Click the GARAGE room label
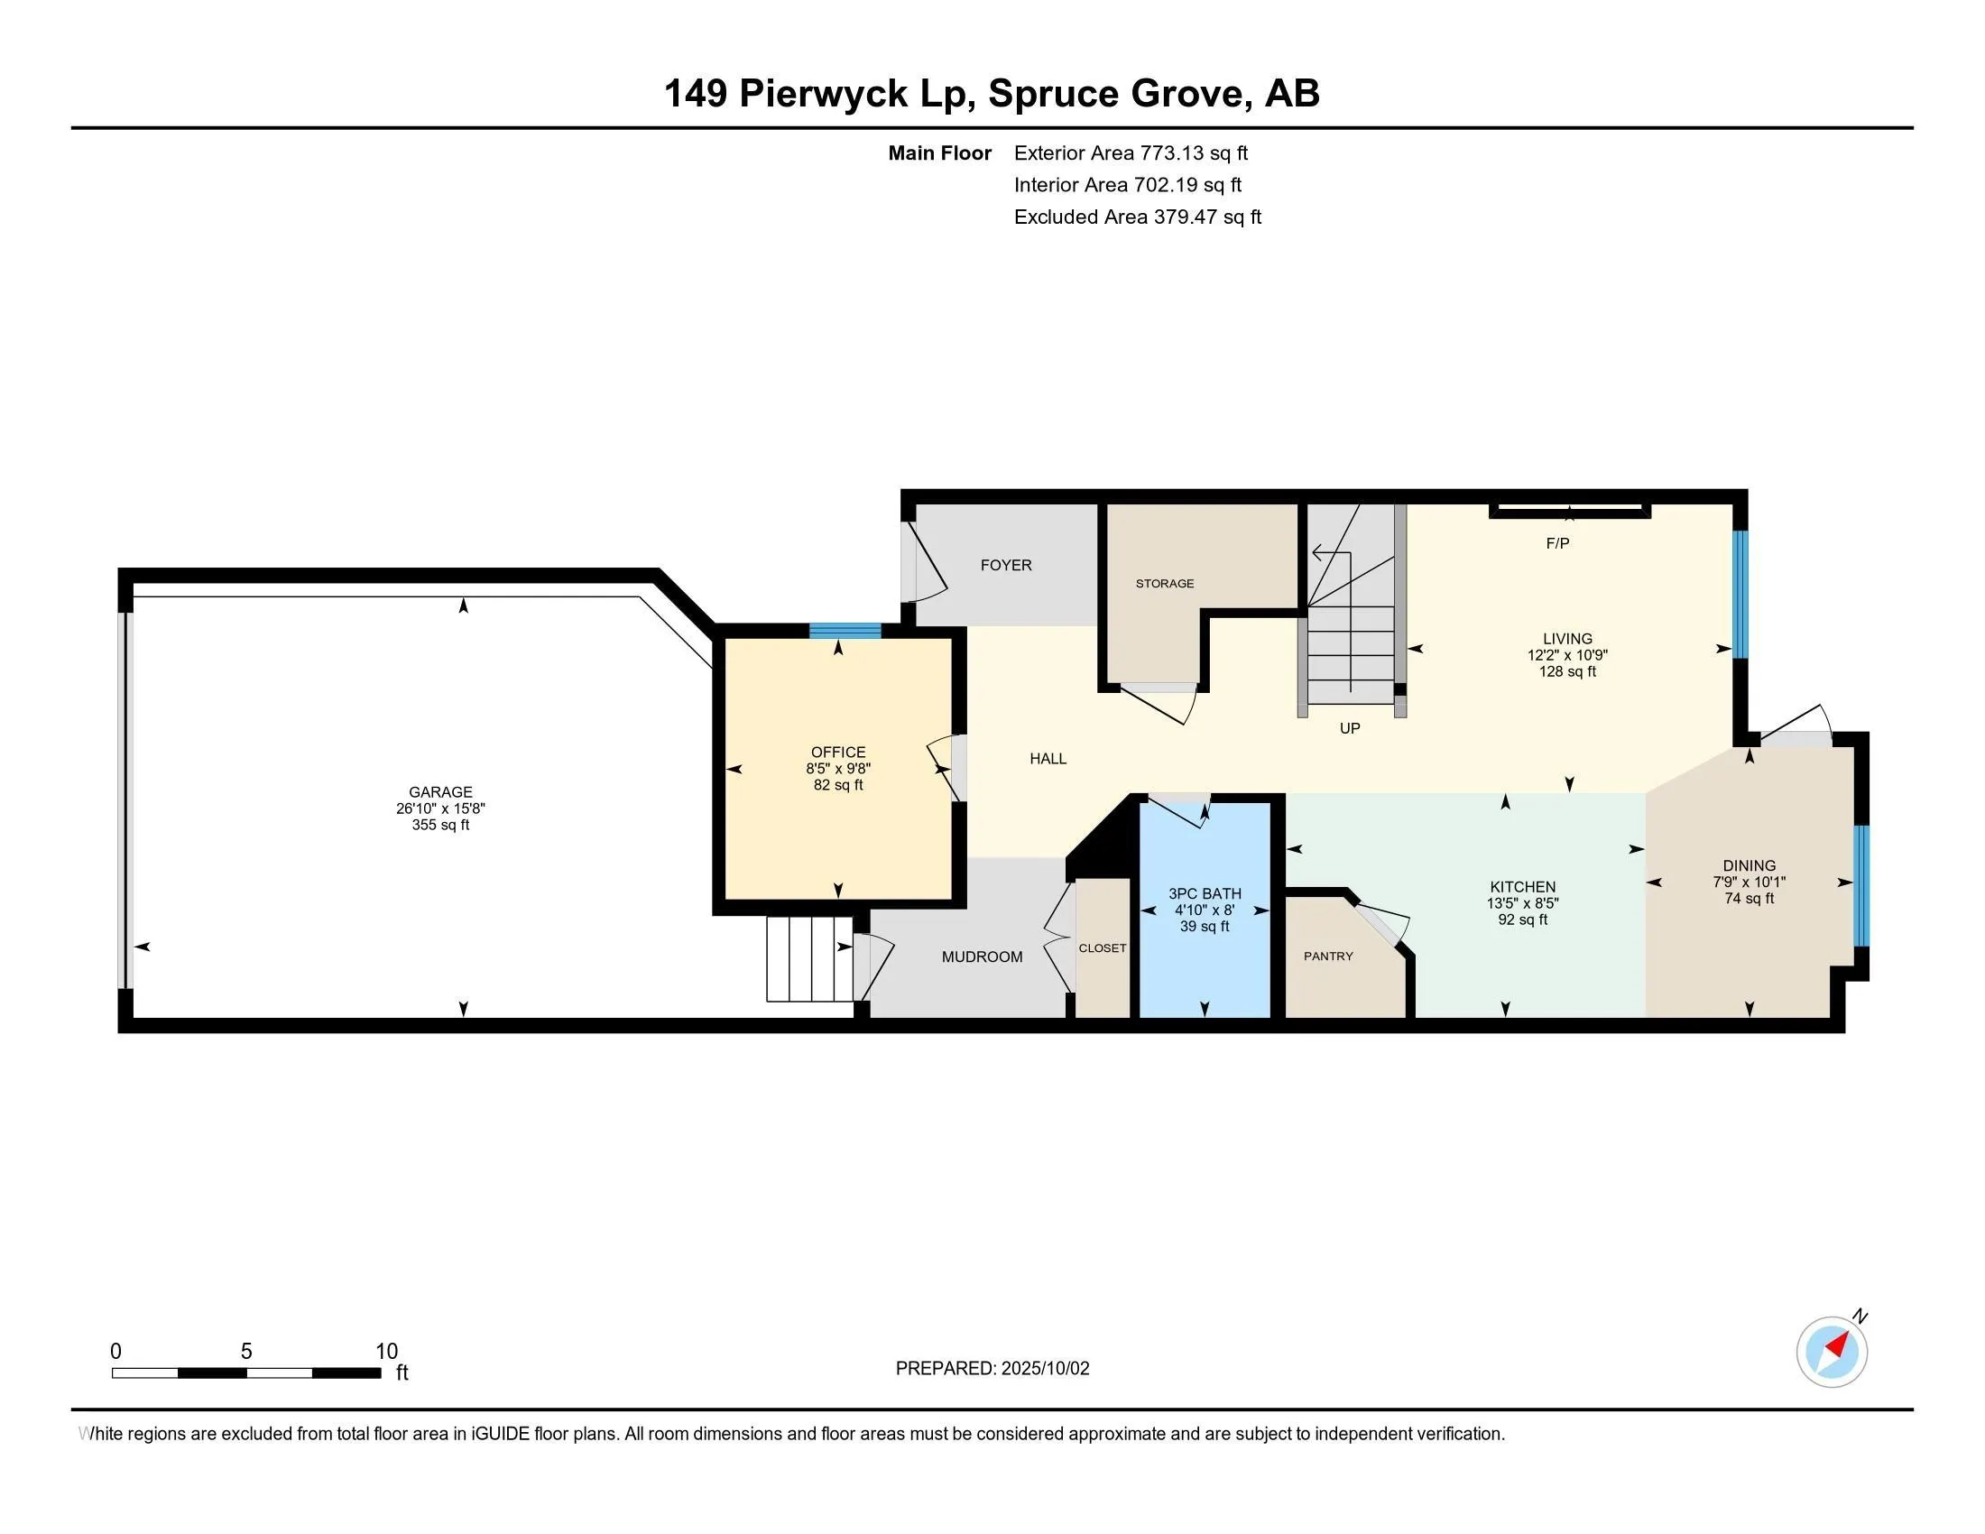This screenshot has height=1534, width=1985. point(440,791)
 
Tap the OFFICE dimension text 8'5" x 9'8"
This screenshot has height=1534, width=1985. point(838,769)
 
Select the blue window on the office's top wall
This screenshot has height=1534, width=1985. point(845,631)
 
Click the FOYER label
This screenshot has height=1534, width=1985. point(1006,565)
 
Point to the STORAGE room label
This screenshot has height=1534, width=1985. point(1164,584)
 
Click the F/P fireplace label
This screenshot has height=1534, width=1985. point(1558,543)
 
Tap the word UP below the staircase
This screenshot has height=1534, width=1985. point(1350,728)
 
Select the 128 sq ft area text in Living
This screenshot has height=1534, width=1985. point(1568,671)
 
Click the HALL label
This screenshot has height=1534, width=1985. point(1048,759)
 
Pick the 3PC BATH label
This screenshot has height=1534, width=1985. point(1205,893)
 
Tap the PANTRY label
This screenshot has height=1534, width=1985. point(1328,956)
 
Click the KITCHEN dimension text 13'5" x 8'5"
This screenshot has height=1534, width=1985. point(1522,903)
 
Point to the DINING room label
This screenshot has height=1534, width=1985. point(1750,865)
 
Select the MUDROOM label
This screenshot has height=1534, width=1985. point(982,956)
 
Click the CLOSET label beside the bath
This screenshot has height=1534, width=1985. point(1103,947)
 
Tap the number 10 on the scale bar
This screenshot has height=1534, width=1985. point(387,1351)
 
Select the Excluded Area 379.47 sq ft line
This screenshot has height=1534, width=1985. point(1138,217)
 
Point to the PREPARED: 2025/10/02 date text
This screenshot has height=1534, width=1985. point(992,1368)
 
